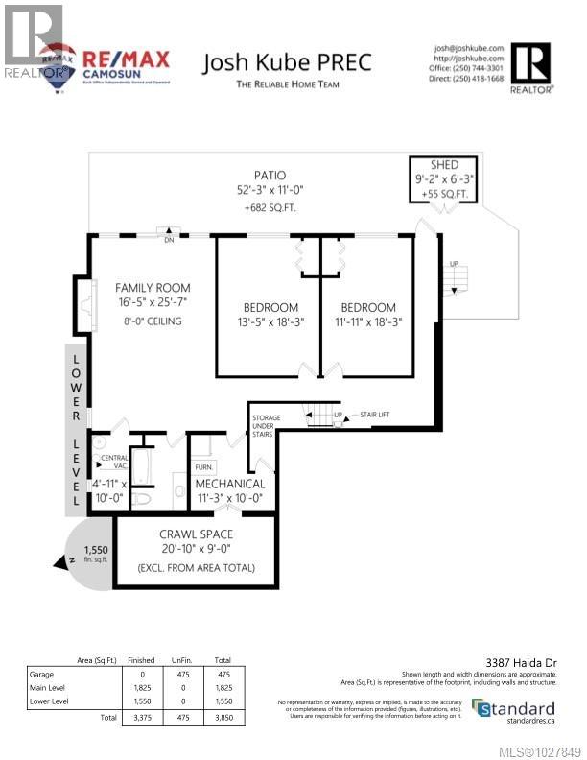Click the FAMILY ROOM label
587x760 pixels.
click(153, 287)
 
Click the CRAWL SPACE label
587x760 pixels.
click(196, 533)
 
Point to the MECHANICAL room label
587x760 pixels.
click(230, 484)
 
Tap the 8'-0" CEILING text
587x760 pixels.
click(153, 321)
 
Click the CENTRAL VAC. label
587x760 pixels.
click(114, 462)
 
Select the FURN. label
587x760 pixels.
click(203, 467)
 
